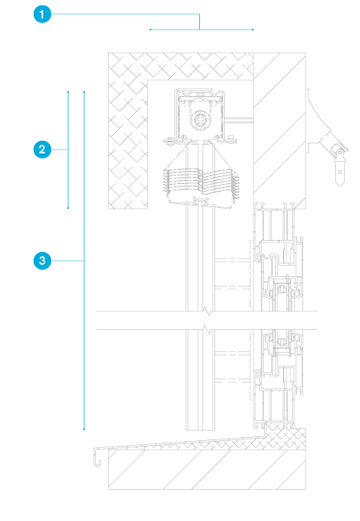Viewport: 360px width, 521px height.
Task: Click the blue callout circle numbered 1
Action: coord(42,14)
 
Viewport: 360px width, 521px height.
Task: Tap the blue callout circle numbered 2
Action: coord(42,150)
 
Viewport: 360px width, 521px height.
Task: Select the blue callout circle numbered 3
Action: coord(42,261)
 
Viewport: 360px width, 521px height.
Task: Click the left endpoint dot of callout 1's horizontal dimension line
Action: coord(150,30)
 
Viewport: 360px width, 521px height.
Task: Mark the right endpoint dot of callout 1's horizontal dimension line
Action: coord(253,30)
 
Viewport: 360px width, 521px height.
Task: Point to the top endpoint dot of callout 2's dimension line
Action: coord(68,92)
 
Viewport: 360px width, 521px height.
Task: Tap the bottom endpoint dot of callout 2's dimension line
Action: coord(68,208)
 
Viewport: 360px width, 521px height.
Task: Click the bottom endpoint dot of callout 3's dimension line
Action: coord(84,429)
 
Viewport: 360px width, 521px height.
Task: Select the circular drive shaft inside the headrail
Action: coord(200,119)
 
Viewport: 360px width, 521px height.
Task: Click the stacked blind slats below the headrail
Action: coord(202,182)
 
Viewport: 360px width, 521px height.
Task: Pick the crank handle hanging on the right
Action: coord(339,165)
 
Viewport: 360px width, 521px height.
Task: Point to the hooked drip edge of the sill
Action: coord(98,457)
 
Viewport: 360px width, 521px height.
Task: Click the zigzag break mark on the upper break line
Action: coord(207,311)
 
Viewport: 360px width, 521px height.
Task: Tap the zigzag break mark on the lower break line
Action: coord(207,329)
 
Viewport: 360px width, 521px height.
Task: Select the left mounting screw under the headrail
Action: coord(170,141)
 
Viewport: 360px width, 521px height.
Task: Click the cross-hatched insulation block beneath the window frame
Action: coord(286,436)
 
